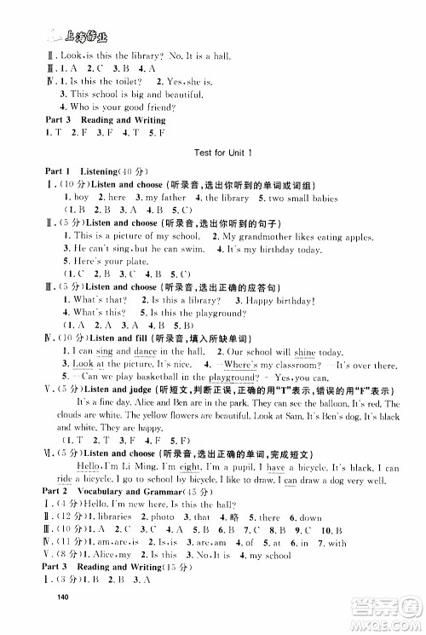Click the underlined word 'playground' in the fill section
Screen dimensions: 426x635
click(251, 377)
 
